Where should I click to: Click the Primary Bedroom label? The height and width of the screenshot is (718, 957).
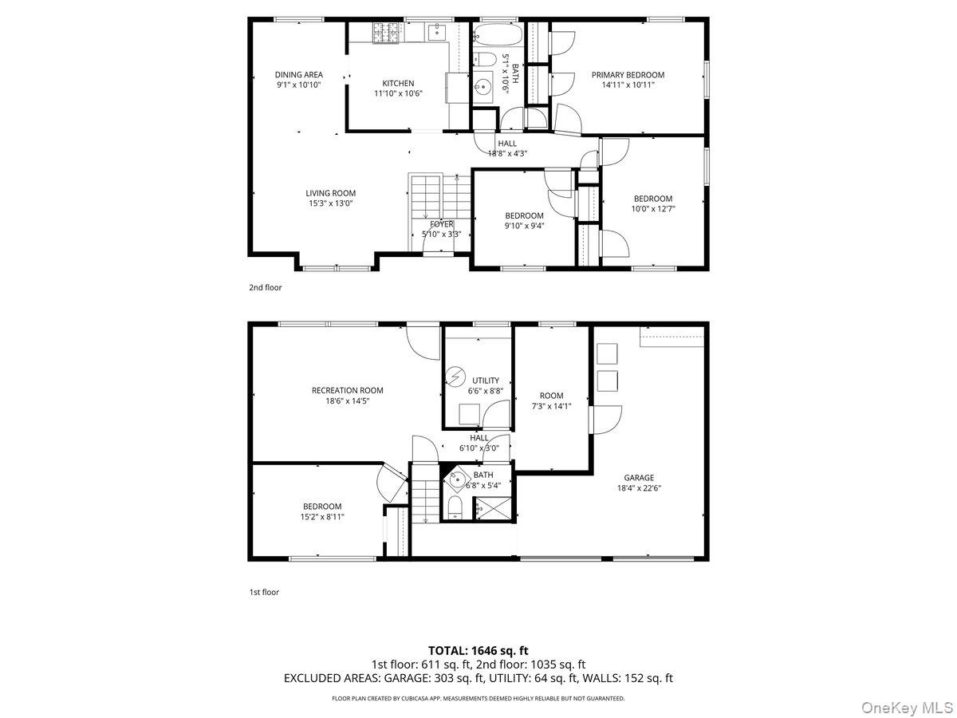point(628,75)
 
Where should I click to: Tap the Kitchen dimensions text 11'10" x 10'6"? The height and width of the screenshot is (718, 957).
point(398,93)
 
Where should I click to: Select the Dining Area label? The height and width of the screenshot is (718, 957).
point(298,74)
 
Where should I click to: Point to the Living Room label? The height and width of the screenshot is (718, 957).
point(330,193)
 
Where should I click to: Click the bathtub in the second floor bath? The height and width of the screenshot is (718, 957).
point(498,34)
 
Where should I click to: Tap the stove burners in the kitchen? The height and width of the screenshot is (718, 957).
point(385,34)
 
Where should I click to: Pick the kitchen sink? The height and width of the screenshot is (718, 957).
point(436,32)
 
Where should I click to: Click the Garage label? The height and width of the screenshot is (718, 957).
point(639,478)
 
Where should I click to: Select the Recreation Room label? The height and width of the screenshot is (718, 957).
point(348,391)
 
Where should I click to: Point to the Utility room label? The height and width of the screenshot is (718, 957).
point(486,381)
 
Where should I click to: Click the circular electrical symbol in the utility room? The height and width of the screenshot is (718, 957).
point(455,376)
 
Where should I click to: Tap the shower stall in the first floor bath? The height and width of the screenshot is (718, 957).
point(493,508)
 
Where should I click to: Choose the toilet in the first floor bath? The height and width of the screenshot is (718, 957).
point(455,507)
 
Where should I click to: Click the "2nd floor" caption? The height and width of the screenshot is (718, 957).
point(265,288)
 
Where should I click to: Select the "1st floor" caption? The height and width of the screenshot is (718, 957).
point(264,593)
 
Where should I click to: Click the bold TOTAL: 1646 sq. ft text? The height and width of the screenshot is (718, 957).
point(478,651)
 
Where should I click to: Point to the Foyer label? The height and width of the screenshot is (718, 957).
point(442,224)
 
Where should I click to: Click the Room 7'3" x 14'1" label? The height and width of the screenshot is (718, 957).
point(552,401)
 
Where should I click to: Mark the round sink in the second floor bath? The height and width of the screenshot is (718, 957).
point(482,88)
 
